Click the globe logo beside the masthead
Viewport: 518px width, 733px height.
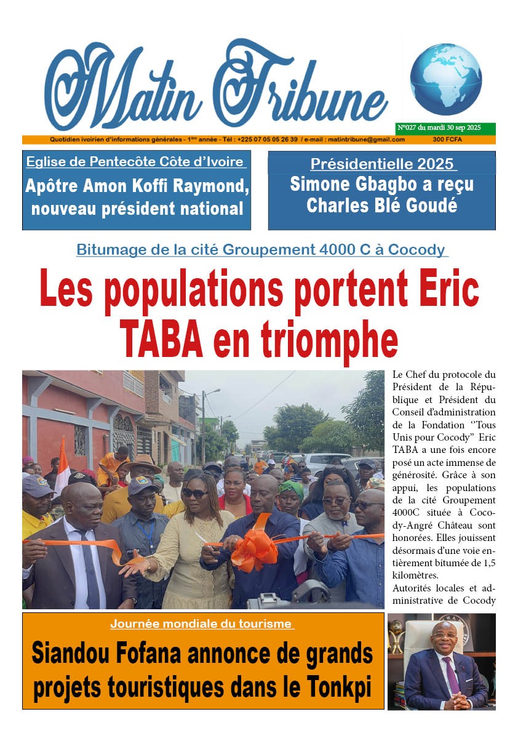(x=445, y=79)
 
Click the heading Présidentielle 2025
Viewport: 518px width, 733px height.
(x=382, y=164)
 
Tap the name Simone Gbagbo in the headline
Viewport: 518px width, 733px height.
(x=345, y=185)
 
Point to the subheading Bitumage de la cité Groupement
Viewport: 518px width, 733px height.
(x=261, y=250)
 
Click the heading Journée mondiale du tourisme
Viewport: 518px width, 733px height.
(x=202, y=624)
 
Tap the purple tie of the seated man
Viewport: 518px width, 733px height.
(x=452, y=674)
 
